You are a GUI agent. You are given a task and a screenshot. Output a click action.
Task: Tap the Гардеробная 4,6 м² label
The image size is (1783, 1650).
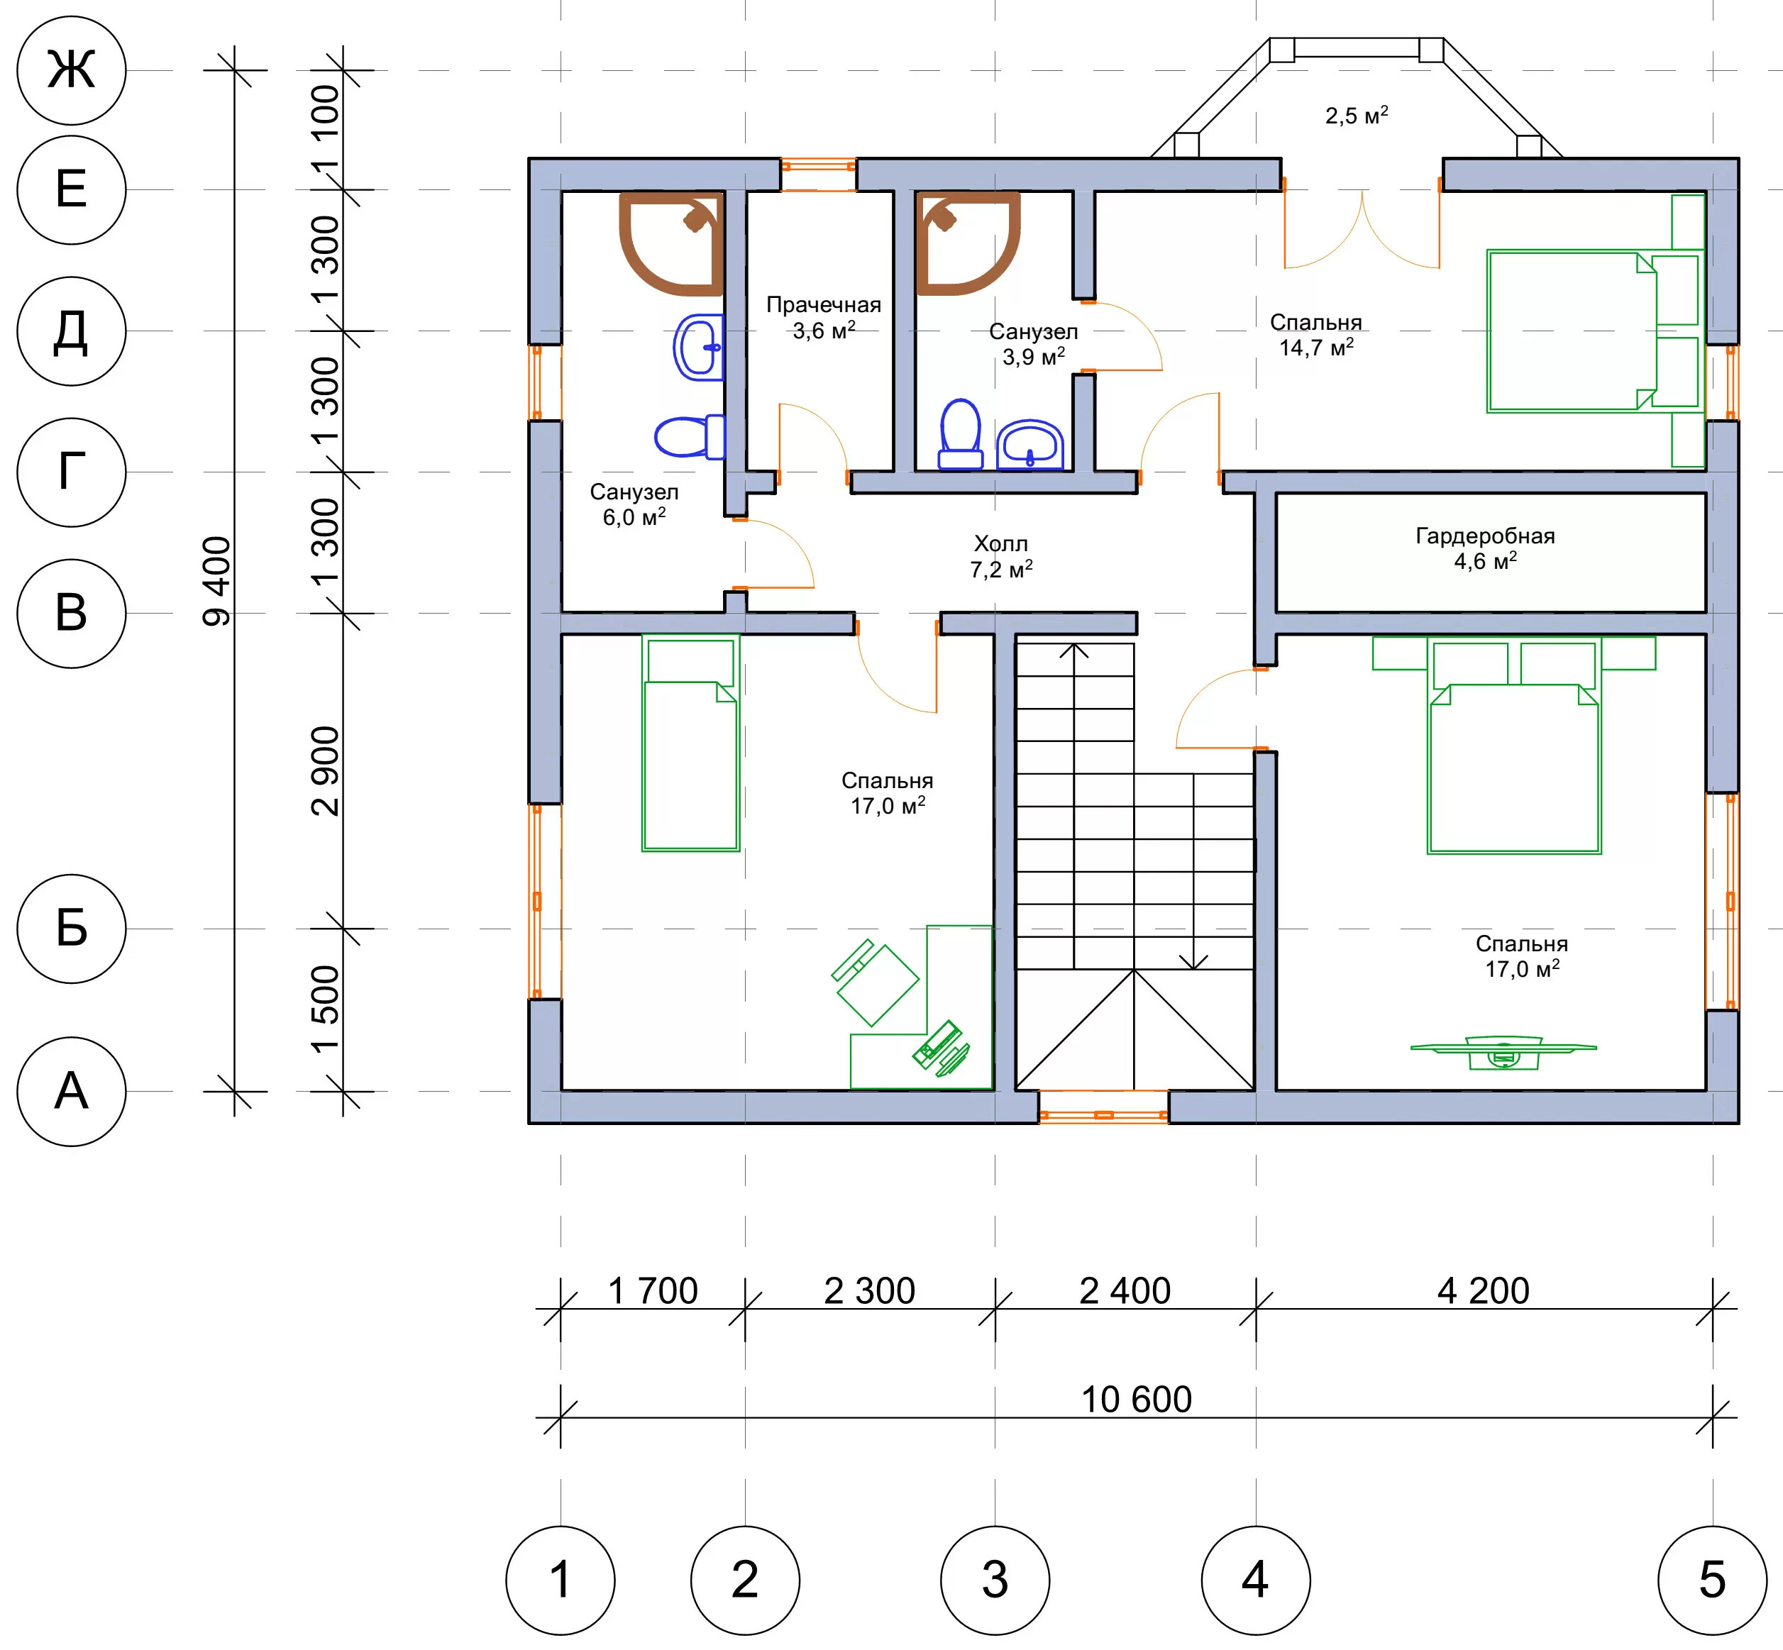(1486, 548)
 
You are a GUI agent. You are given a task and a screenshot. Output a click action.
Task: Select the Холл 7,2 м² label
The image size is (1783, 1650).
(1001, 556)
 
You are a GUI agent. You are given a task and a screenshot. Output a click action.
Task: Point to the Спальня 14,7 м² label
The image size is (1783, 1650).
(1316, 335)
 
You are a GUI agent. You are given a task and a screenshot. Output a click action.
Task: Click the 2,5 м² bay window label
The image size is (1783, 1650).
(1356, 115)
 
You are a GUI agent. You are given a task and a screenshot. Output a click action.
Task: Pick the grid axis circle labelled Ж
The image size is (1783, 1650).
(72, 70)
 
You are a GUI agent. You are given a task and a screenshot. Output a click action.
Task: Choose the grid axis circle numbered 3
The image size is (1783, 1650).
(995, 1580)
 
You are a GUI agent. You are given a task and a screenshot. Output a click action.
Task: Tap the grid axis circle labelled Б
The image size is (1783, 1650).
(72, 929)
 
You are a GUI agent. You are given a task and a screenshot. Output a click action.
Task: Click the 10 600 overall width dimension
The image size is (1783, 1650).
(1136, 1399)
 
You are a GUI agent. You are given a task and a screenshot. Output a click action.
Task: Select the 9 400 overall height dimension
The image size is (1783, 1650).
(217, 580)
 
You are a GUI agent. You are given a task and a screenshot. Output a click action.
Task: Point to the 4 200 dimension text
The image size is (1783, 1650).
(1483, 1290)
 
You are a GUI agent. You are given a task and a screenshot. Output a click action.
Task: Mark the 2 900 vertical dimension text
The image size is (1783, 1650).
(326, 770)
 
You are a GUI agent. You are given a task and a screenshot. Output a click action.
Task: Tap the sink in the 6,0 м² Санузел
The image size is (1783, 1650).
(699, 348)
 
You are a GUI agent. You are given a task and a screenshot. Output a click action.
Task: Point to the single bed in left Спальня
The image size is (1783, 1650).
(690, 743)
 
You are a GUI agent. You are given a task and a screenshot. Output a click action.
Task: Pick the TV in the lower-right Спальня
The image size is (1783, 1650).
(1503, 1052)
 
